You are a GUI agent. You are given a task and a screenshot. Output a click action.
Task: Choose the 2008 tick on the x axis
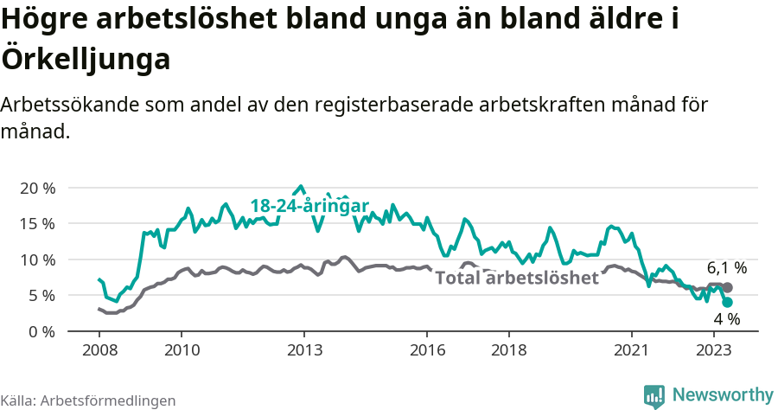click(99, 350)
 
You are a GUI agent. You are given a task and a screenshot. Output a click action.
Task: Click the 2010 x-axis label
click(182, 350)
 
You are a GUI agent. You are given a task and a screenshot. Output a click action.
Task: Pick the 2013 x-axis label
click(304, 350)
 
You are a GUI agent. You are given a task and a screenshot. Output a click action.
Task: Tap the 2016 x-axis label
click(427, 350)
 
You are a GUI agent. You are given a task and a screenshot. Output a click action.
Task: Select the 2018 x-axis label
click(509, 350)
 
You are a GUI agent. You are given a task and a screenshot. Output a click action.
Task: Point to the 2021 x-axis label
click(632, 350)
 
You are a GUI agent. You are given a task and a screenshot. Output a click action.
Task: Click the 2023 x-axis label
click(714, 350)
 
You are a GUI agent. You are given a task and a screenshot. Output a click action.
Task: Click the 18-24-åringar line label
click(309, 205)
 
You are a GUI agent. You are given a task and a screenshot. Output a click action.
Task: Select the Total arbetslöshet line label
click(516, 278)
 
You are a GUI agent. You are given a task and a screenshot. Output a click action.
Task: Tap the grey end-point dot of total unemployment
click(727, 287)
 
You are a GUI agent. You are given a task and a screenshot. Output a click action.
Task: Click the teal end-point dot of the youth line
click(727, 302)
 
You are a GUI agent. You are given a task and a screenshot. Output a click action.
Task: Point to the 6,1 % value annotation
click(726, 268)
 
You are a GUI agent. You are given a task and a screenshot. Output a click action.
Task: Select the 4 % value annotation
click(726, 319)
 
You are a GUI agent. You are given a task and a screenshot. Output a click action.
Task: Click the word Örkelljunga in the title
click(86, 61)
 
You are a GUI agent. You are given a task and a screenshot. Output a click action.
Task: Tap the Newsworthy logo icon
click(654, 395)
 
